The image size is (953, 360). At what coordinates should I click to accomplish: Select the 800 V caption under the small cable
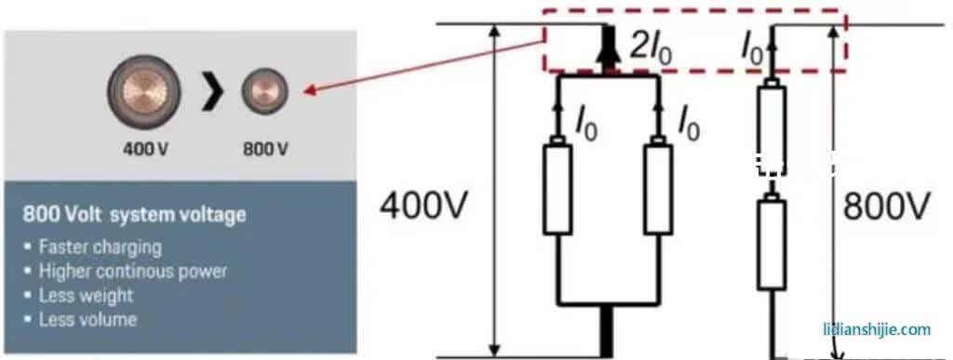tap(264, 149)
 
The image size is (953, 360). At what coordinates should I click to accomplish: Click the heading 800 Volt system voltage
tap(135, 215)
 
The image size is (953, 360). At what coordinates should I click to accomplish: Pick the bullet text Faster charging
tap(100, 247)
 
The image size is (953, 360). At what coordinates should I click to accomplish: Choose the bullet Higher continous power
tap(132, 272)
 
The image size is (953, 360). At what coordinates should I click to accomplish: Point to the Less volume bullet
tap(87, 319)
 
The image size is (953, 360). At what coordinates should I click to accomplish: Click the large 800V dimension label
tap(886, 207)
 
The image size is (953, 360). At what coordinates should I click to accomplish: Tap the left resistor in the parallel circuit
tap(558, 188)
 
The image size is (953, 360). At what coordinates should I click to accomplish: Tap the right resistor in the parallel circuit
tap(658, 188)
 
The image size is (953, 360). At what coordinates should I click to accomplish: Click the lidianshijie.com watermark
tap(877, 329)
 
